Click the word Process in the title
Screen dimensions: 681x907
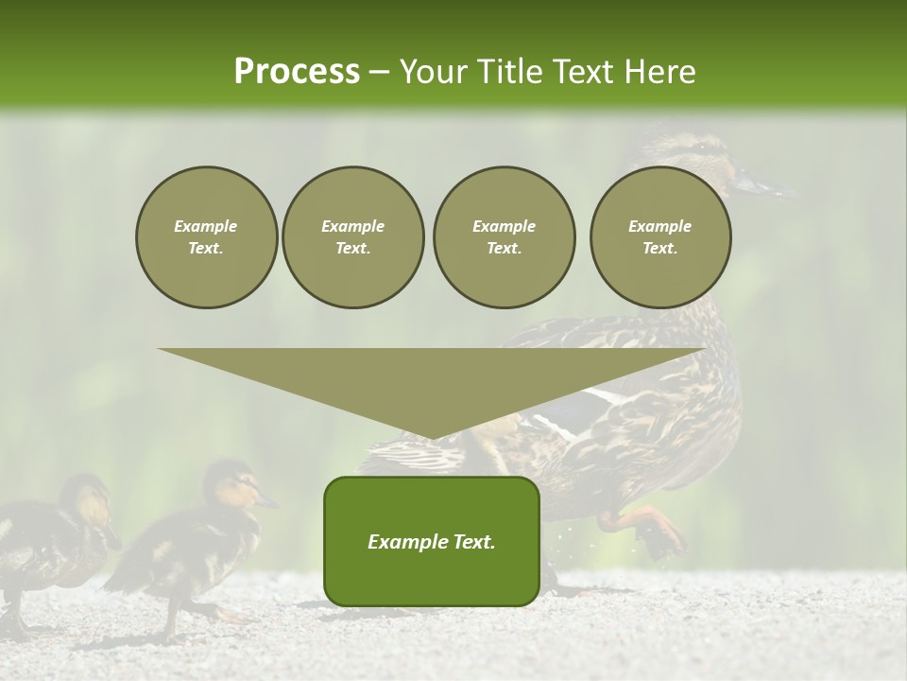[x=297, y=72]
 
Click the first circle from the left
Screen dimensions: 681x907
[x=206, y=237]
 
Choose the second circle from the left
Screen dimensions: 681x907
[x=352, y=237]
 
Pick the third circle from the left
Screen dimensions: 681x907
[x=504, y=237]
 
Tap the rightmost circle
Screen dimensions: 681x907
[x=659, y=237]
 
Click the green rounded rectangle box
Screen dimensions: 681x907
[x=431, y=541]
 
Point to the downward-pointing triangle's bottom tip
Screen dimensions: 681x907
[x=432, y=437]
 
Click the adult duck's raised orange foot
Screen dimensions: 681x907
[x=652, y=531]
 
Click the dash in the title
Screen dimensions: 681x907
[x=379, y=72]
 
